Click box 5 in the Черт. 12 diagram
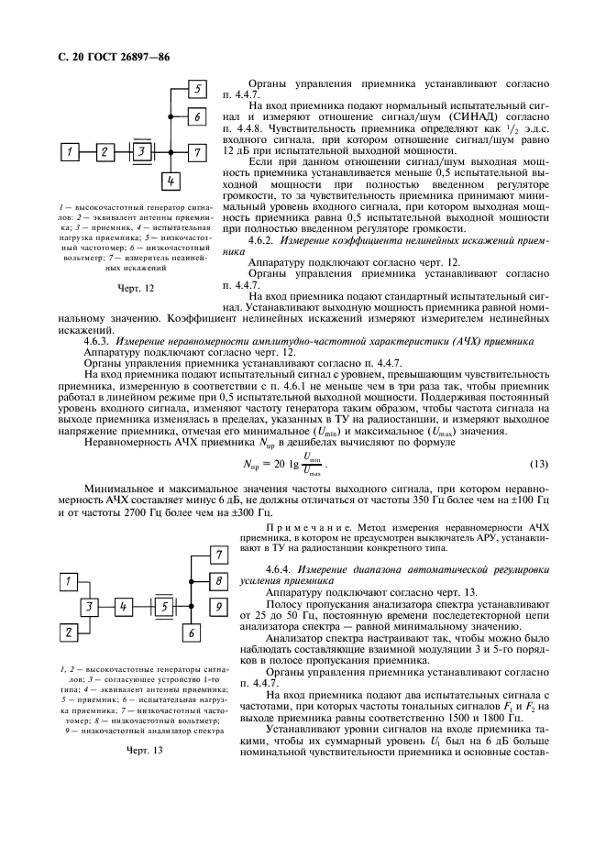click(196, 89)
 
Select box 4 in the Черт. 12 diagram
click(169, 181)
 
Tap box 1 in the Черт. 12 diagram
click(72, 149)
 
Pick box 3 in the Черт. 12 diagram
click(141, 149)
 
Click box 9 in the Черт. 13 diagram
click(217, 606)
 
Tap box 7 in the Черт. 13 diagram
click(217, 554)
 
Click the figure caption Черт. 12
click(136, 288)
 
